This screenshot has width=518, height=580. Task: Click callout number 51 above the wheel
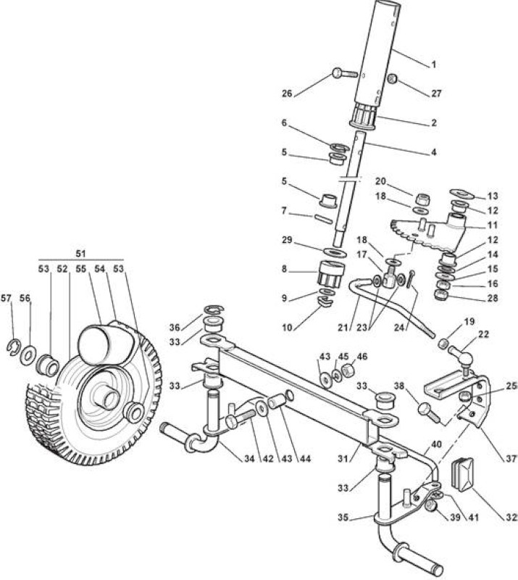(80, 254)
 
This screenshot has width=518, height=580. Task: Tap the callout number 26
(287, 94)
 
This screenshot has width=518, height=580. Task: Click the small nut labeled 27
(392, 78)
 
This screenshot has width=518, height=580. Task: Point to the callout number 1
(434, 65)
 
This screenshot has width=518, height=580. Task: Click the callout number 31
(344, 459)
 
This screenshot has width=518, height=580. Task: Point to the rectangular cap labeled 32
(462, 475)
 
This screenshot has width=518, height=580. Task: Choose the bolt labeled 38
(429, 413)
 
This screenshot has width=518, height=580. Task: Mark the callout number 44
(305, 459)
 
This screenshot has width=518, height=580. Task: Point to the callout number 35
(343, 518)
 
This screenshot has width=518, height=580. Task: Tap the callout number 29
(287, 240)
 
